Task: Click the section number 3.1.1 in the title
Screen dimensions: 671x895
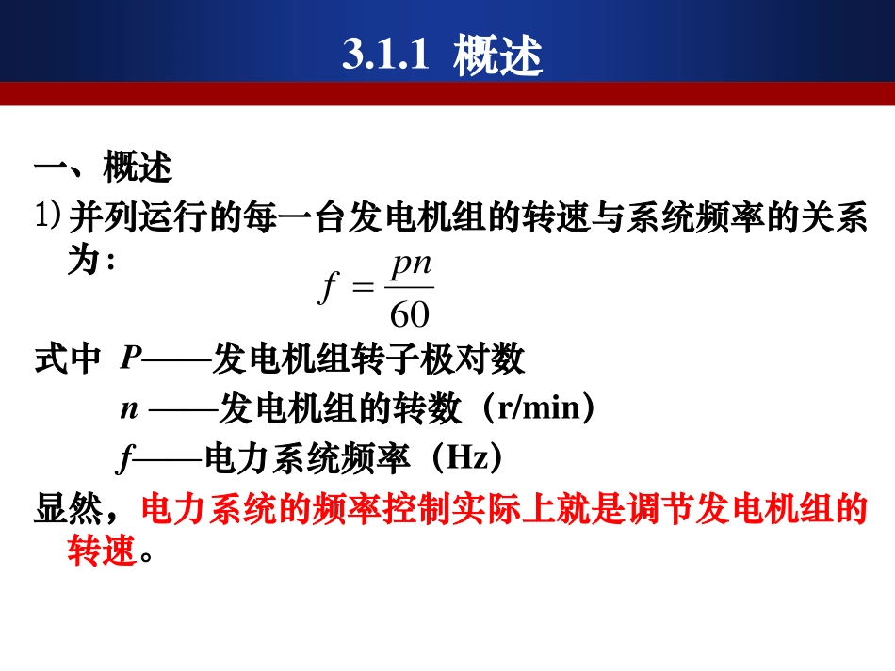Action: point(385,56)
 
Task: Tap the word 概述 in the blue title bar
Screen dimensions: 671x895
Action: point(497,56)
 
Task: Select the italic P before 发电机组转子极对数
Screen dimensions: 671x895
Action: point(131,359)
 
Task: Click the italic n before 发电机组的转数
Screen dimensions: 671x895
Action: point(128,410)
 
